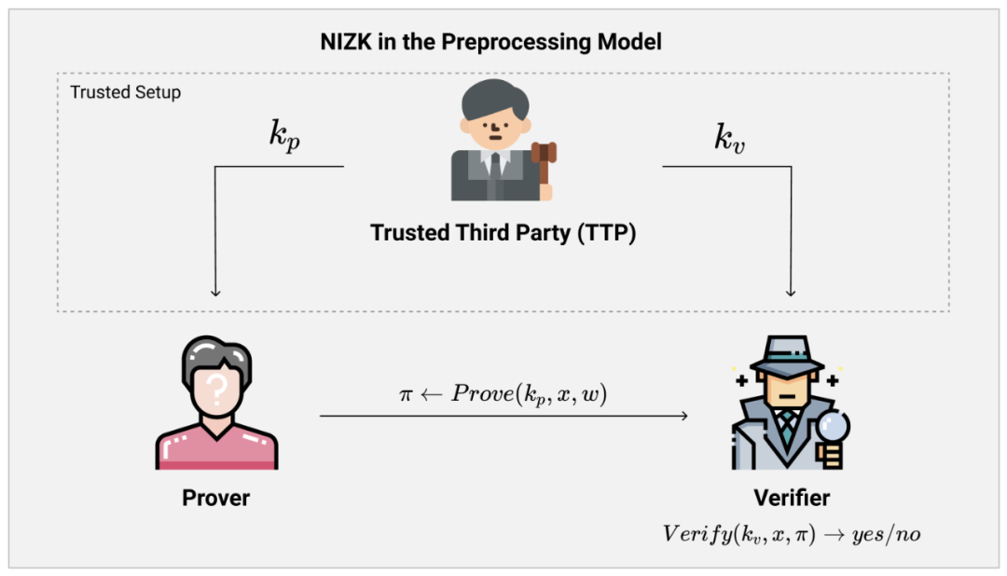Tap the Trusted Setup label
(126, 92)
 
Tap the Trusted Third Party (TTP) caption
(503, 232)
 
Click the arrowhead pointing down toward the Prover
(215, 292)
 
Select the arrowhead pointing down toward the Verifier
(792, 292)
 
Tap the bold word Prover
(215, 498)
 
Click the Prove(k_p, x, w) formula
(504, 393)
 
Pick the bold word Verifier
(792, 497)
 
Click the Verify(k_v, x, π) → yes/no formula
(792, 533)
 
